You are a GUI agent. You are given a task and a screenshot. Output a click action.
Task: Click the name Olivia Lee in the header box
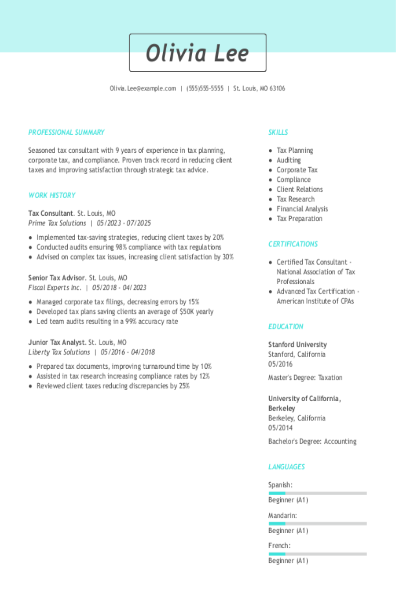[x=198, y=53]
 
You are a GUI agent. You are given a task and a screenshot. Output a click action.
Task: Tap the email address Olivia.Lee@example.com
[x=143, y=88]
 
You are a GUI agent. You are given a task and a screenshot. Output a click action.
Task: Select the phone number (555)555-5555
[x=205, y=88]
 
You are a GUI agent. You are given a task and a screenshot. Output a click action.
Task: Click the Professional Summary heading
[x=66, y=132]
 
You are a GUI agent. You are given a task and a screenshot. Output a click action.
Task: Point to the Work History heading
[x=52, y=195]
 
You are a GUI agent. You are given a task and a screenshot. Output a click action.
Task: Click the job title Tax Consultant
[x=50, y=213]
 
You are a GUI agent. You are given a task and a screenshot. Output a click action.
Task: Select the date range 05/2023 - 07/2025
[x=124, y=223]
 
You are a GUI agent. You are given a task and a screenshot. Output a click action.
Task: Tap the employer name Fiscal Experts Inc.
[x=55, y=288]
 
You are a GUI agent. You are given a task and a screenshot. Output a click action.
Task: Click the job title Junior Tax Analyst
[x=56, y=342]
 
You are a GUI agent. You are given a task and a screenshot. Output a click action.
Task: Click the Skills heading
[x=278, y=132]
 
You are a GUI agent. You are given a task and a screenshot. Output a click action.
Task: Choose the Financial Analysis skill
[x=302, y=209]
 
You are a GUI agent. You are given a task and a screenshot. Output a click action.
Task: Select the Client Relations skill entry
[x=300, y=190]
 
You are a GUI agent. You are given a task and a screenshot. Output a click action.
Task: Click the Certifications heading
[x=293, y=244]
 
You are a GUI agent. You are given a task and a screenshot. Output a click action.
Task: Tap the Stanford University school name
[x=297, y=345]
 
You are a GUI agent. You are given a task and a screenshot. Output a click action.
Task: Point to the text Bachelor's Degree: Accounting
[x=312, y=441]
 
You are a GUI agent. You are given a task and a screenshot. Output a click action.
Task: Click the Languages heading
[x=286, y=467]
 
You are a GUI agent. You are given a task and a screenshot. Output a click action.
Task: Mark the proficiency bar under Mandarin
[x=317, y=524]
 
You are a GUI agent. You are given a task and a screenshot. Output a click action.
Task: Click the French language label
[x=279, y=546]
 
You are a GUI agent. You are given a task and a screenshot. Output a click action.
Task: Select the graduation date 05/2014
[x=280, y=428]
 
